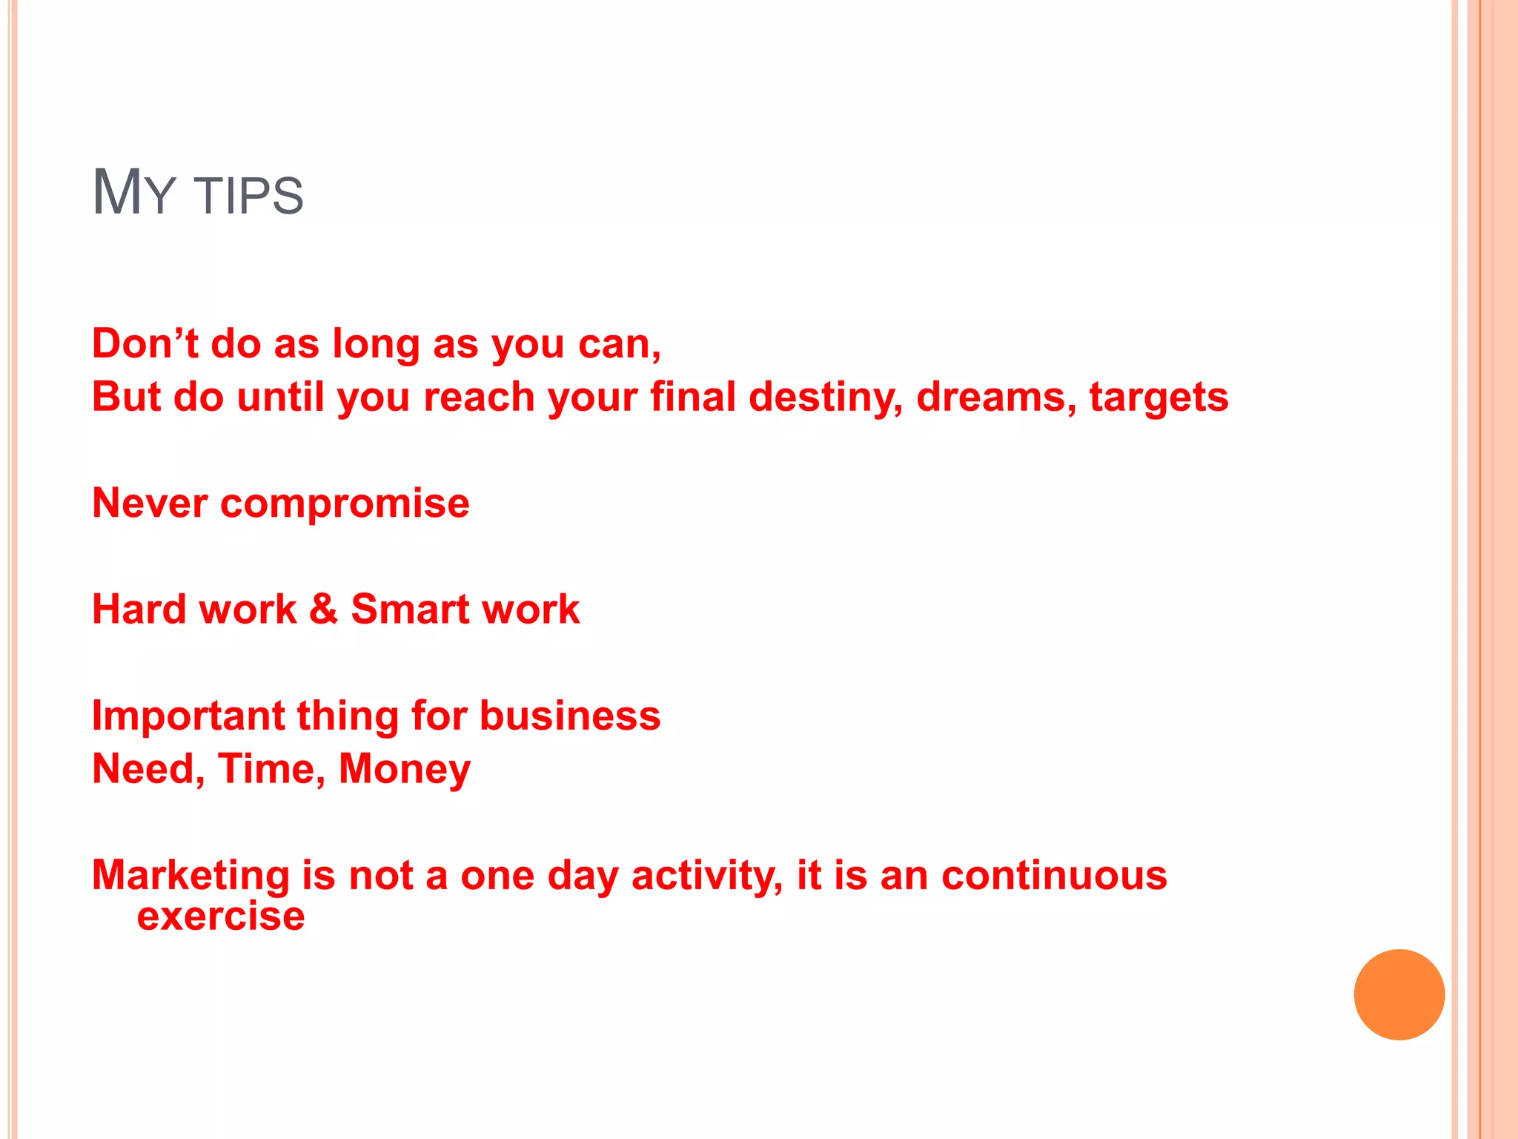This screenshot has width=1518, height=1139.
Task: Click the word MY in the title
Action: (x=133, y=193)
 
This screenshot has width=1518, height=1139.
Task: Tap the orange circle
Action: (x=1399, y=994)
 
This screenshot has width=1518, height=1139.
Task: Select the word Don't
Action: (x=145, y=344)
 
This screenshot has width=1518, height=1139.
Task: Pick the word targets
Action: (x=1159, y=398)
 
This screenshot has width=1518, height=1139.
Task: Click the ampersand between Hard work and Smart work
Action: (x=323, y=609)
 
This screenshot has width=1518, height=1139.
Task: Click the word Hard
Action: (x=139, y=610)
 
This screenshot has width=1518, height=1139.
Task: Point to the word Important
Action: (x=188, y=717)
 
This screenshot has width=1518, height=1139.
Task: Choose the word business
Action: (x=569, y=716)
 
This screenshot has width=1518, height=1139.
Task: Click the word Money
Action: (x=404, y=770)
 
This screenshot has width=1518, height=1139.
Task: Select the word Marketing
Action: (x=190, y=876)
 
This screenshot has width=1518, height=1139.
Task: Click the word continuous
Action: (x=1054, y=876)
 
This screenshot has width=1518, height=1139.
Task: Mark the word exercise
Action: (x=221, y=917)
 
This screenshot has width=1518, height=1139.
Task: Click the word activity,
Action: (x=707, y=876)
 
